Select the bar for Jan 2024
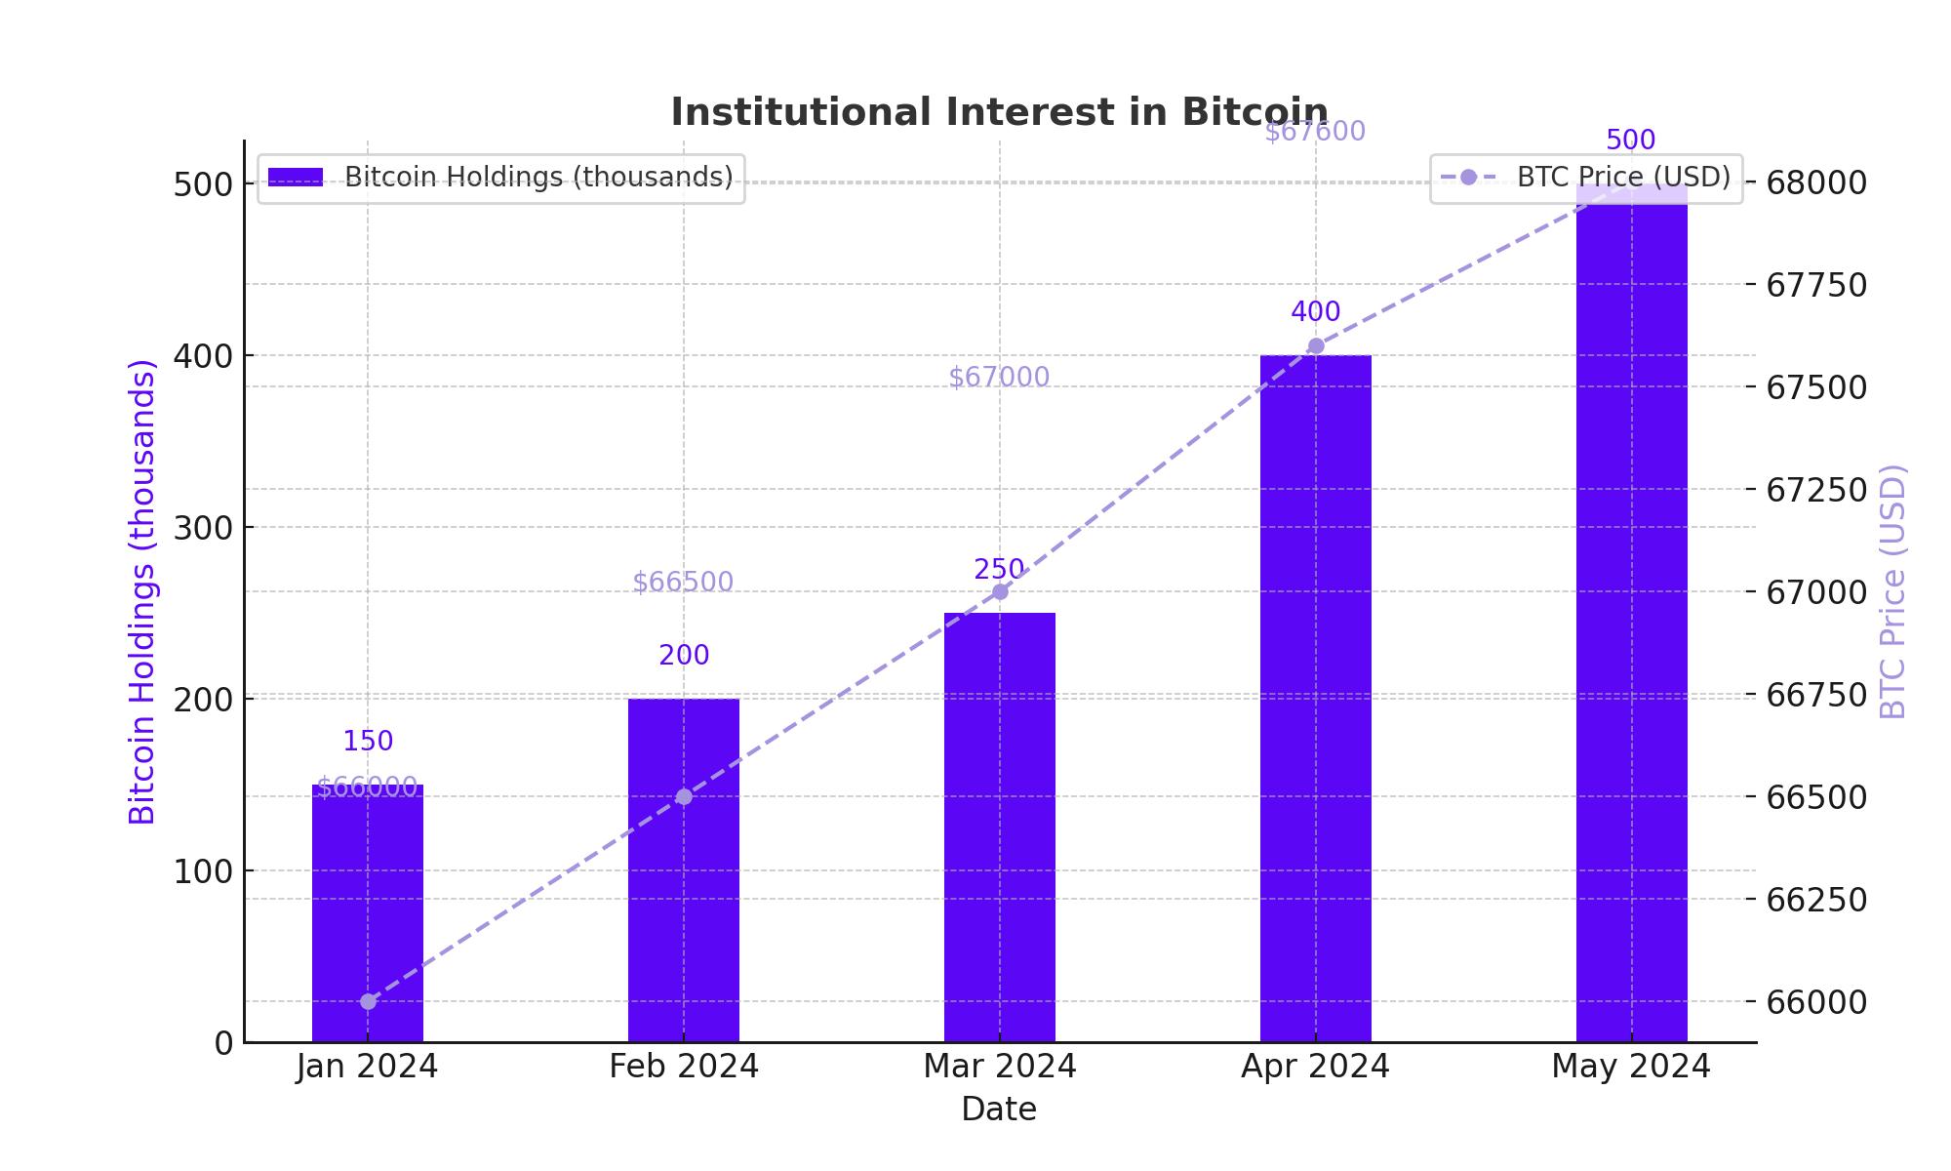(368, 912)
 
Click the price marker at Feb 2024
(684, 797)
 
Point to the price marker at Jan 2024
(368, 1001)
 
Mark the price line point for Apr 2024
(1316, 345)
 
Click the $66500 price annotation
(683, 583)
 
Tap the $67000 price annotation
(999, 378)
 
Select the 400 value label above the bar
(1315, 312)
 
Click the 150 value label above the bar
(368, 742)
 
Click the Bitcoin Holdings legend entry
(500, 178)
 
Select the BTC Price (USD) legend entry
(1586, 178)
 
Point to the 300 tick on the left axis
(204, 528)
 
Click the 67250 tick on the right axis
(1815, 490)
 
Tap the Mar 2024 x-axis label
(999, 1067)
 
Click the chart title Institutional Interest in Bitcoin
(999, 112)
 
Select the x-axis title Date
(999, 1110)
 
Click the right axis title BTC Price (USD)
(1891, 591)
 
